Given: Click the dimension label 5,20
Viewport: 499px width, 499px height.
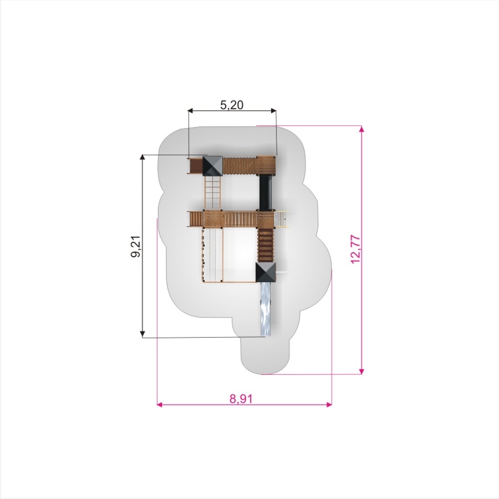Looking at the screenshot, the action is [x=232, y=105].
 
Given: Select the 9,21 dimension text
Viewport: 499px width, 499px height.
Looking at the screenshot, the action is [x=137, y=246].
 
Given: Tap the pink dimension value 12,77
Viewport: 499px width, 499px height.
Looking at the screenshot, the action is [x=355, y=249].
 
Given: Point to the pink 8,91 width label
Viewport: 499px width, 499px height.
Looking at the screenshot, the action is [x=241, y=399].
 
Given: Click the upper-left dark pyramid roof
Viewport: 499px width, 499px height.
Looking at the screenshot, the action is [x=212, y=165].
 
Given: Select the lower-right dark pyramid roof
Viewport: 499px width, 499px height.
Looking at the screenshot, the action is [x=266, y=272].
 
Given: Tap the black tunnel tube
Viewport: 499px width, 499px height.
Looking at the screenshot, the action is [x=266, y=192].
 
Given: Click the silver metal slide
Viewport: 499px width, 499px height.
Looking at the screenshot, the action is [x=266, y=309].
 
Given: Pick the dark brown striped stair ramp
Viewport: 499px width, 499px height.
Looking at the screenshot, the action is [x=266, y=245].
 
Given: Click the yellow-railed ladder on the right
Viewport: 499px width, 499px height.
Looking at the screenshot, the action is [x=281, y=219].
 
